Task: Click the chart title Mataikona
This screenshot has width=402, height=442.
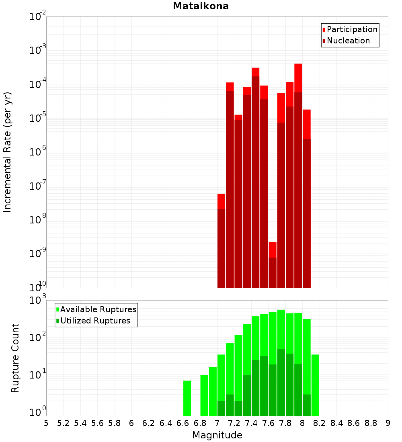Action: click(x=201, y=6)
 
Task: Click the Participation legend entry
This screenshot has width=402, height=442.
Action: click(x=352, y=29)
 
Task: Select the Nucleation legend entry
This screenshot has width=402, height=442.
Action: click(x=348, y=41)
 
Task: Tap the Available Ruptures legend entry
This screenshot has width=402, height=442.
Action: click(x=98, y=309)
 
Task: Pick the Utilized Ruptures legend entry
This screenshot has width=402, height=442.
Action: click(x=95, y=321)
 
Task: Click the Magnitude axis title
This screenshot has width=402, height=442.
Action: click(x=217, y=435)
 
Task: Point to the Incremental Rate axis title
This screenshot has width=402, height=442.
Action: click(x=8, y=152)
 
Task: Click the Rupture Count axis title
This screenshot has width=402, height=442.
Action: click(x=15, y=358)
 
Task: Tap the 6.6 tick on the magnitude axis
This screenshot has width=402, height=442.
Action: click(x=183, y=423)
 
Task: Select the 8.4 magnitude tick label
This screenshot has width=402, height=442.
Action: click(x=337, y=423)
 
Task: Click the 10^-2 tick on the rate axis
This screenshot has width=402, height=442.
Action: click(x=38, y=17)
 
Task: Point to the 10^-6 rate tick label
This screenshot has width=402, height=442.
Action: click(x=38, y=152)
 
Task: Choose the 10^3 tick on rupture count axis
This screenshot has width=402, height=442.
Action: click(x=38, y=301)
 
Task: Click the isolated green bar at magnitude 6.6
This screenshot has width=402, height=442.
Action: click(x=187, y=398)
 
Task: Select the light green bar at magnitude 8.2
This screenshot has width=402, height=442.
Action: click(x=315, y=385)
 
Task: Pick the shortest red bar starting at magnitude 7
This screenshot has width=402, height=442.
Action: click(x=221, y=241)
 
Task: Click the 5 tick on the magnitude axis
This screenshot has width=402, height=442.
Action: click(x=46, y=423)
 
